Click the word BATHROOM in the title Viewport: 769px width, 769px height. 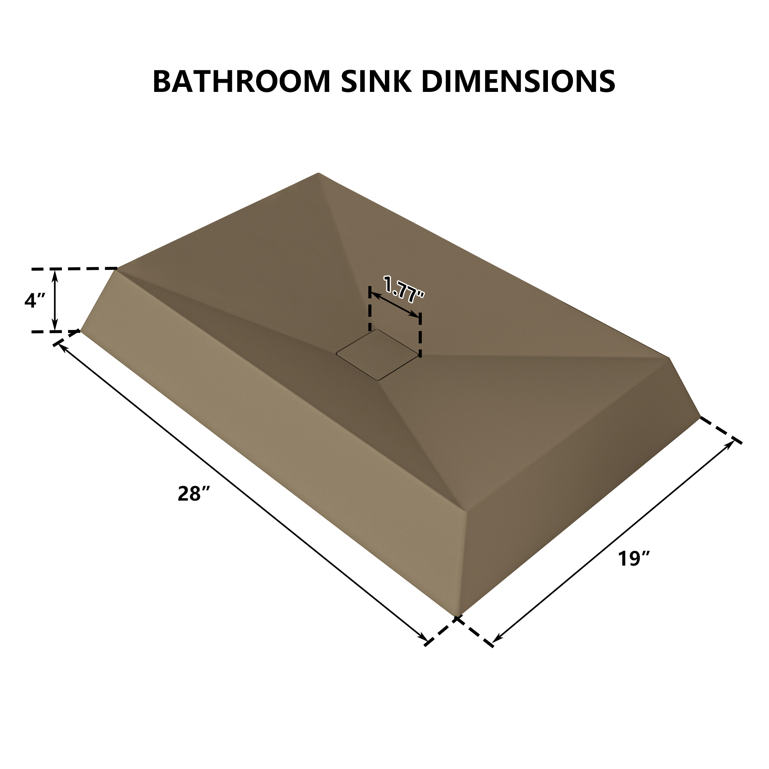[x=241, y=82]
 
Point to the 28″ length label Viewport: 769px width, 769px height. [x=194, y=494]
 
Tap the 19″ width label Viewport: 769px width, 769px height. [x=634, y=558]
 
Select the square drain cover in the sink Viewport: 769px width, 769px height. [x=377, y=354]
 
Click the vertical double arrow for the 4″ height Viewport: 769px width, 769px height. [x=55, y=300]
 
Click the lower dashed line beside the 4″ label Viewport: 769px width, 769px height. [x=56, y=331]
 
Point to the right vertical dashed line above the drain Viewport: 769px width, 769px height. [x=420, y=335]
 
